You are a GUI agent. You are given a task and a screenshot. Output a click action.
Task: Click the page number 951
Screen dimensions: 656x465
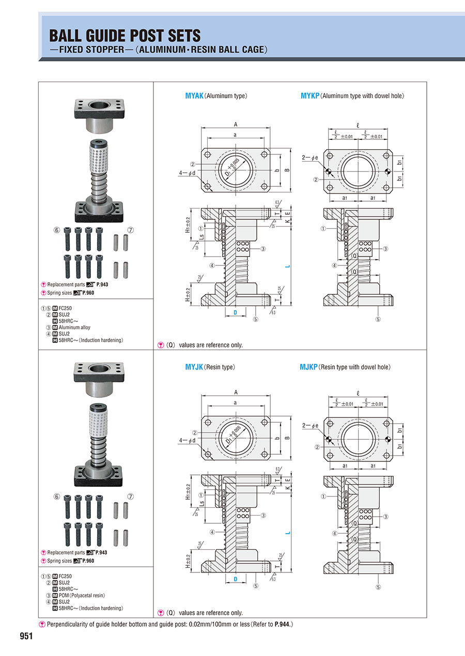click(x=26, y=636)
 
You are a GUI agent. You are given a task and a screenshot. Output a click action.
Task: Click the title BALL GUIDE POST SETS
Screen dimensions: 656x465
click(x=125, y=36)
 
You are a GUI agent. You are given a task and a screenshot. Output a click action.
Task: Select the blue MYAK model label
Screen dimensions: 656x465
click(x=194, y=95)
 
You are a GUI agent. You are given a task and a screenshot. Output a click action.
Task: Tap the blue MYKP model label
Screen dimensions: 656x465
click(x=309, y=95)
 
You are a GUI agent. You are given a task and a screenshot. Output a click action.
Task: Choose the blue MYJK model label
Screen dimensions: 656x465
click(x=194, y=367)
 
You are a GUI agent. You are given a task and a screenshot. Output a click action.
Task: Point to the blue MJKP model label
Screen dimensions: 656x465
click(x=308, y=367)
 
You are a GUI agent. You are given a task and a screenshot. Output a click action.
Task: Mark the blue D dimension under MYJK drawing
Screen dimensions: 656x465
click(x=235, y=580)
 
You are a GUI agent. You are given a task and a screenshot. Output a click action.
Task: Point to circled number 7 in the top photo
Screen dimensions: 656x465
click(x=131, y=230)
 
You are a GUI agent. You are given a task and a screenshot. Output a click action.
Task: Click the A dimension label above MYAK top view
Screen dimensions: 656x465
click(x=236, y=124)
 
